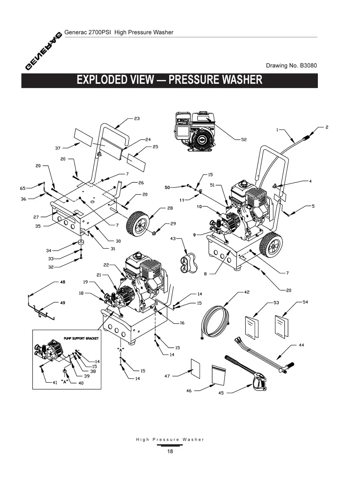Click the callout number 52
coord(244,139)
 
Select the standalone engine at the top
coord(195,131)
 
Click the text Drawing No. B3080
coord(291,65)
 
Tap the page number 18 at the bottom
coord(170,451)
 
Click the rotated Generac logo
coord(44,50)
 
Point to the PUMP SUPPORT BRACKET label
coord(81,338)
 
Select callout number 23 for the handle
coord(137,118)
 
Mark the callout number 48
coord(62,282)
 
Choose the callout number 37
coord(58,148)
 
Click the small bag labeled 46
coord(219,375)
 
